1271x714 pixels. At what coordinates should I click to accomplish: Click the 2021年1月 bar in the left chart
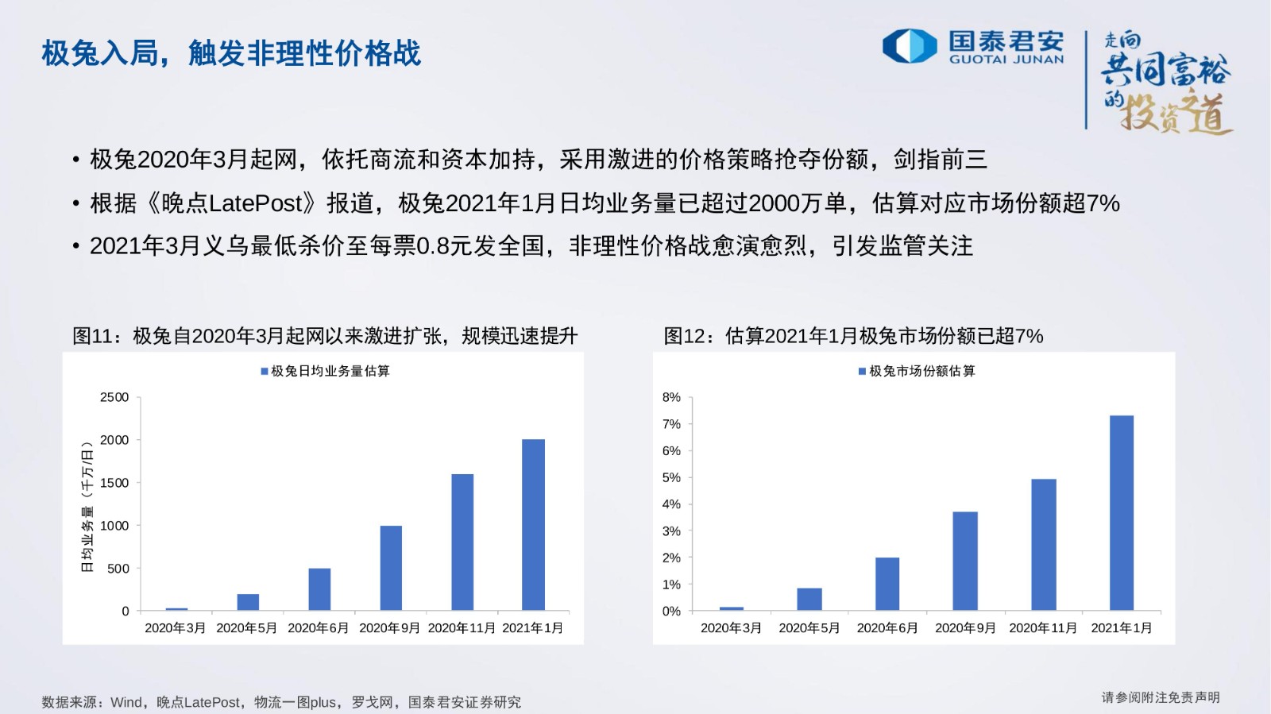click(x=533, y=525)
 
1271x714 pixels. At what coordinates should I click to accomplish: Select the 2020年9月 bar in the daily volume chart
click(x=391, y=568)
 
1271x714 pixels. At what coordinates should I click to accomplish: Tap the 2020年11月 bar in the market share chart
click(x=1044, y=544)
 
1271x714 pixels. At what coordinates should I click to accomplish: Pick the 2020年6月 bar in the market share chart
click(x=887, y=584)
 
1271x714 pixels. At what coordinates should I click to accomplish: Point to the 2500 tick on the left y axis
click(x=114, y=397)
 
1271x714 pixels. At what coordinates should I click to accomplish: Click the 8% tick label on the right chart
click(x=671, y=397)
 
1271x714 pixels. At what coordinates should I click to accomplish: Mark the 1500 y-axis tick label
click(x=114, y=483)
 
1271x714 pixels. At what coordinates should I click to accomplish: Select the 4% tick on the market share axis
click(x=671, y=504)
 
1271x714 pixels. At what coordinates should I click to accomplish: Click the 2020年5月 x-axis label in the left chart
click(x=247, y=627)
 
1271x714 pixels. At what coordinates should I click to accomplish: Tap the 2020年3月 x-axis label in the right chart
click(x=731, y=627)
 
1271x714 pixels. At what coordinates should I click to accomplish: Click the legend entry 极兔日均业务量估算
click(x=326, y=371)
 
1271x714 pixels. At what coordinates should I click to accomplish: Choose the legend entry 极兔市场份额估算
click(x=917, y=371)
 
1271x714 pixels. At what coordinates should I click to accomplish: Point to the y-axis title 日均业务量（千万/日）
click(x=87, y=507)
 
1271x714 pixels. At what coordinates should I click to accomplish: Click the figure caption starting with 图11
click(x=325, y=336)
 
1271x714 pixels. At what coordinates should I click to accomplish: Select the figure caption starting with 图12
click(x=853, y=336)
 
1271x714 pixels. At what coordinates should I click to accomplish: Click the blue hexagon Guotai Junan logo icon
click(x=910, y=46)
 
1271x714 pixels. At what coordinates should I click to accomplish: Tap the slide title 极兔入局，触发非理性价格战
click(x=231, y=53)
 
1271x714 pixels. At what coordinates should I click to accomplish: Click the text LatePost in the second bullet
click(x=257, y=203)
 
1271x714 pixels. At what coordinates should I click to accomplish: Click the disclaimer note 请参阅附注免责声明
click(x=1161, y=697)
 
